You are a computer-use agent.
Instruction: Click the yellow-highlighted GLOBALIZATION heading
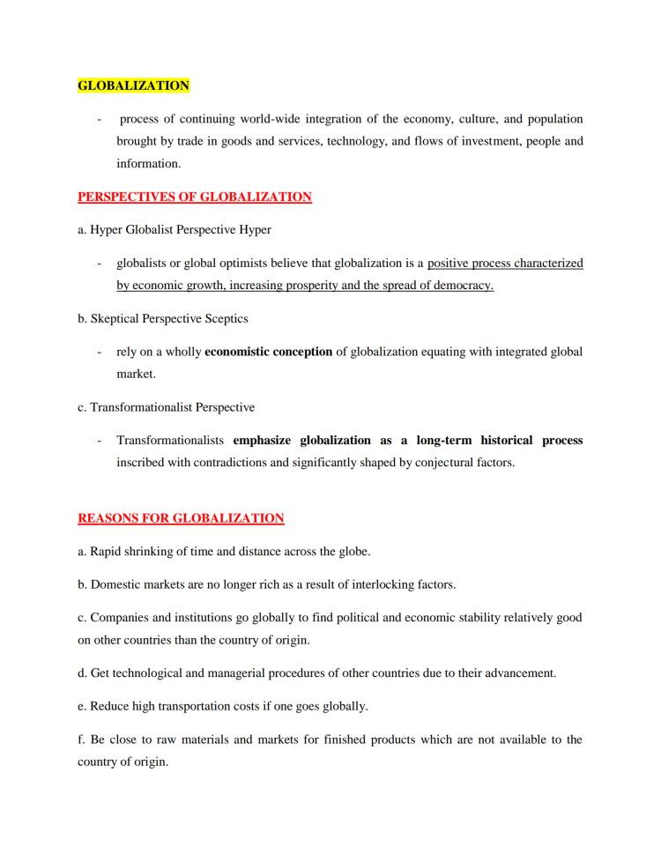(133, 85)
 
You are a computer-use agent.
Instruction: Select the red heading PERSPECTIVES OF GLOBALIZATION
(195, 197)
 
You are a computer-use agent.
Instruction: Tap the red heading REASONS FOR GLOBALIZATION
(181, 518)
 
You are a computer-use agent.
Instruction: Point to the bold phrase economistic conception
(268, 352)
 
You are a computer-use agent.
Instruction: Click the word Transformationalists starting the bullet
(171, 440)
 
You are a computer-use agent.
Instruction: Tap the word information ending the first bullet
(148, 163)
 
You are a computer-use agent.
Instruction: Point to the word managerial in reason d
(239, 673)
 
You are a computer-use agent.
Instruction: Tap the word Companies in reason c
(120, 618)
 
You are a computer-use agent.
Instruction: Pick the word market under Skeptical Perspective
(136, 374)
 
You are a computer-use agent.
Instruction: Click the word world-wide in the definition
(296, 119)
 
